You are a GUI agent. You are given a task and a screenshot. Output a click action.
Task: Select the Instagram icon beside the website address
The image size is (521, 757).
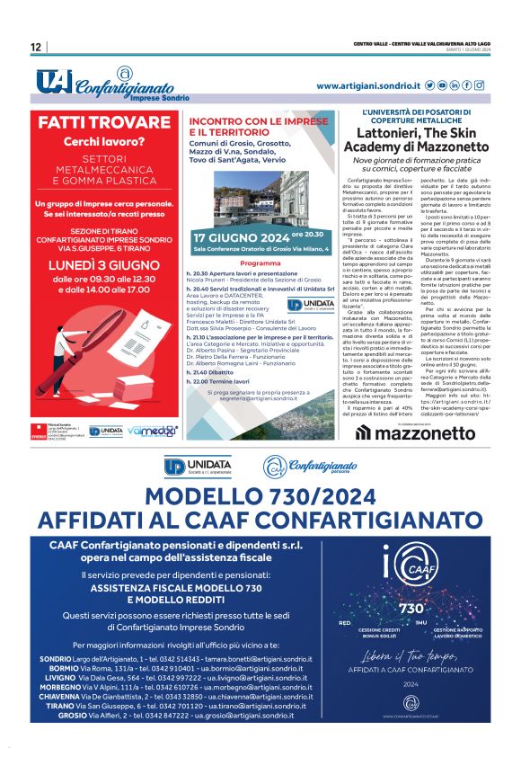480,85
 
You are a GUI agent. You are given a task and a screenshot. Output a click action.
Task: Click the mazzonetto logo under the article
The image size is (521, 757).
415,432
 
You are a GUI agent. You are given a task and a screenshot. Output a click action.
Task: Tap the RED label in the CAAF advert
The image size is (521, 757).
345,622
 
